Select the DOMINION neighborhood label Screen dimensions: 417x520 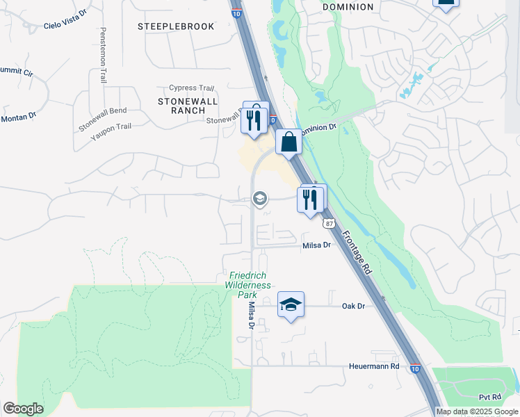click(x=348, y=7)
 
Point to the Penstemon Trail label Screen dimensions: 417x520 click(x=103, y=56)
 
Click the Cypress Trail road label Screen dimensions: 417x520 click(x=191, y=88)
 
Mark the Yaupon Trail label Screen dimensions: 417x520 click(x=111, y=126)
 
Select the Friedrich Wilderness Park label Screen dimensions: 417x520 click(x=247, y=285)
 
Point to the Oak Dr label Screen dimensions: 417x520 click(x=353, y=306)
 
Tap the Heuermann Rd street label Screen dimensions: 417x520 click(x=374, y=366)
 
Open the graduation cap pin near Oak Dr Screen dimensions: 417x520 click(x=291, y=304)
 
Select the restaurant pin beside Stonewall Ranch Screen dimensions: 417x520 click(x=254, y=117)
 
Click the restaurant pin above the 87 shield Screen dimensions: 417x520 click(x=311, y=199)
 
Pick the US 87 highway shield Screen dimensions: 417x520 click(x=329, y=222)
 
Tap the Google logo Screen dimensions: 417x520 click(x=23, y=409)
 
